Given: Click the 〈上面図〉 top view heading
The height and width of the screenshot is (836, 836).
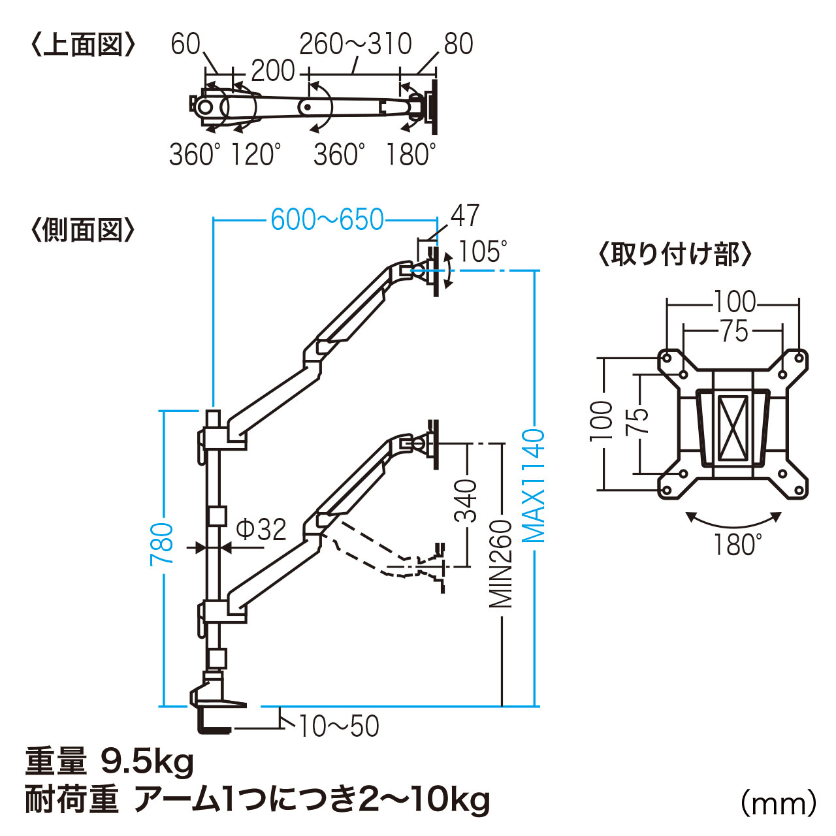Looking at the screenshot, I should (83, 45).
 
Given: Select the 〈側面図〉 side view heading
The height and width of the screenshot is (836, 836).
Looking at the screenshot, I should (83, 231).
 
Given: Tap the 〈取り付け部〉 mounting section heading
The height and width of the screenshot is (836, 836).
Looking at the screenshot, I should (675, 254).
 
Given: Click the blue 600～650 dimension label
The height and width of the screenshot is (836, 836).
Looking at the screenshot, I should (327, 219).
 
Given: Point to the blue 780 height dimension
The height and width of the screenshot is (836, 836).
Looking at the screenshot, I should (162, 544).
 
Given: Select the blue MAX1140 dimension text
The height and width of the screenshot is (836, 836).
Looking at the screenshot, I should (535, 485).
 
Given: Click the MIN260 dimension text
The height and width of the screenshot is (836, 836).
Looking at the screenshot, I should (502, 563).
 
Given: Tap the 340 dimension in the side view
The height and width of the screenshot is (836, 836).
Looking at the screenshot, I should (466, 501).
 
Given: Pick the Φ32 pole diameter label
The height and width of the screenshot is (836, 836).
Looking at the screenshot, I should (261, 529).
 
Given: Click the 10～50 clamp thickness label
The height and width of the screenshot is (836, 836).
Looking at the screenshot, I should (339, 726).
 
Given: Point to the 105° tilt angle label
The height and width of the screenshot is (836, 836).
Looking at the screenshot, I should (483, 251).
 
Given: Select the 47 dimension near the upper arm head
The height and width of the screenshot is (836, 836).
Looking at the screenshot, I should (465, 216).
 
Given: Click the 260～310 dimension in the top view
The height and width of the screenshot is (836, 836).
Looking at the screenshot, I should (355, 44).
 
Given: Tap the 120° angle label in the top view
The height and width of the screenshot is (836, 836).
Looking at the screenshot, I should (256, 155).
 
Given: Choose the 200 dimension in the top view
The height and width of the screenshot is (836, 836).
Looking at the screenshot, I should (273, 71).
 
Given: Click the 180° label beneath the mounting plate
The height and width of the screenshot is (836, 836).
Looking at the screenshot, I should (737, 544).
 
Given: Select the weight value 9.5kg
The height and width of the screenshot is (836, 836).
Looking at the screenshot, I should (148, 762).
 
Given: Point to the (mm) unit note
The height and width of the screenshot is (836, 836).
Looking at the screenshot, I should (779, 803).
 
